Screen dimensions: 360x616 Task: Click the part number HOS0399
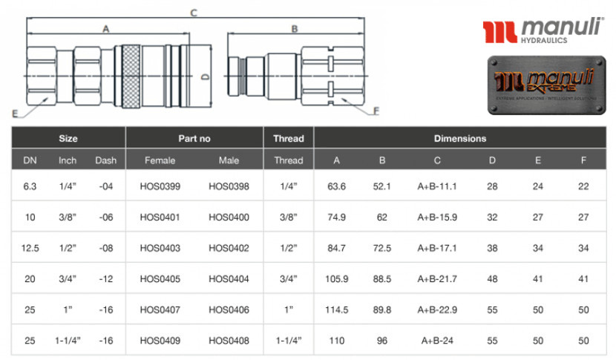160,187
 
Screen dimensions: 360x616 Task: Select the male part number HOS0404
229,279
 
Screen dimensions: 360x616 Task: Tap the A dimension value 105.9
337,279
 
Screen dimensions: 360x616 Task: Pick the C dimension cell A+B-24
437,341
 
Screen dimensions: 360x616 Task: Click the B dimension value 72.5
382,249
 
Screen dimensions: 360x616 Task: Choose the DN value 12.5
30,249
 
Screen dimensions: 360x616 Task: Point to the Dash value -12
105,279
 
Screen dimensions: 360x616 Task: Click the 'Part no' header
194,138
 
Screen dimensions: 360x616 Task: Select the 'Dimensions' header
460,138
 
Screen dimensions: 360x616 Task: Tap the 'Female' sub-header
160,160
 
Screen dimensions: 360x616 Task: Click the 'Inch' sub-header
68,160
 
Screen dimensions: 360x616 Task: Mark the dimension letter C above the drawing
194,13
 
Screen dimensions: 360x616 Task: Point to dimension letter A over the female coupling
106,29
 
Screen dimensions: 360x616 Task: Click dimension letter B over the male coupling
295,29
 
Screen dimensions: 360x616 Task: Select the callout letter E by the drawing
15,114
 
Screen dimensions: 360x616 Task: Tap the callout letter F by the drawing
376,111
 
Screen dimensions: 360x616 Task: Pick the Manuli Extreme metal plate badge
546,85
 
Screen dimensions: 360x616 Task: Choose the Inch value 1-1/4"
68,341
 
